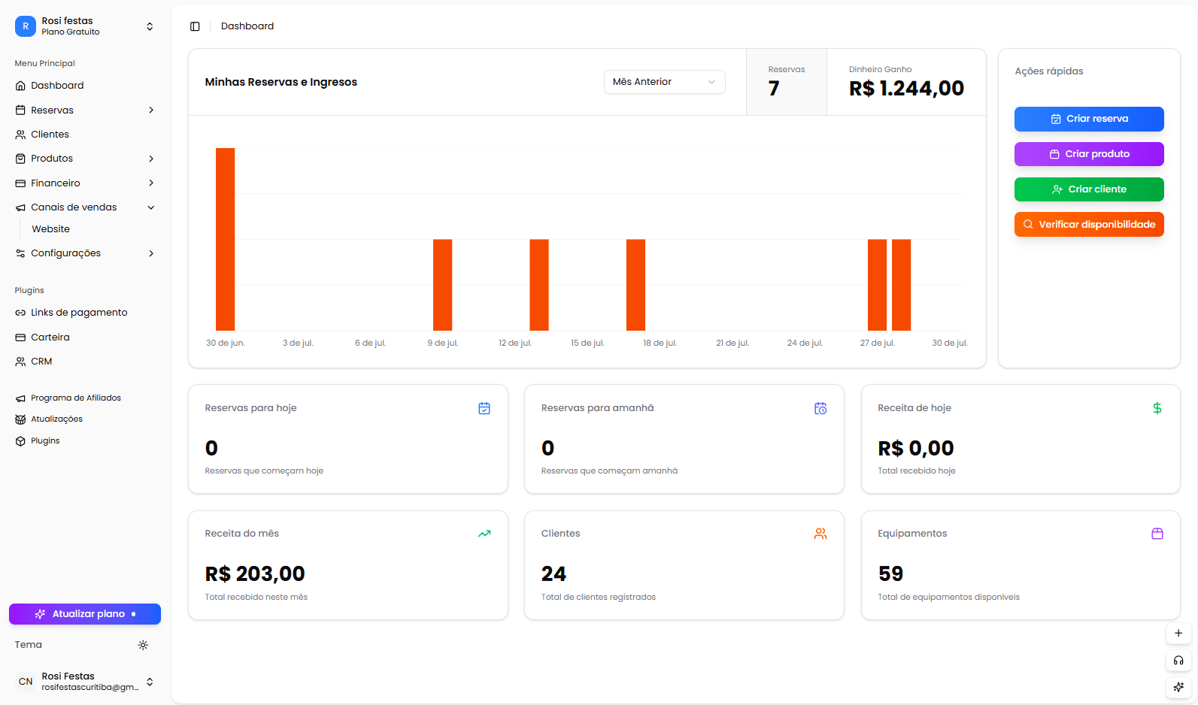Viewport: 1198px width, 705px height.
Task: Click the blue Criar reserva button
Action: (x=1088, y=119)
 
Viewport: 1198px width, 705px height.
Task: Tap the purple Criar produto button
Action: (x=1088, y=154)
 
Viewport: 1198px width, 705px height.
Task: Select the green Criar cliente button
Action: (x=1088, y=189)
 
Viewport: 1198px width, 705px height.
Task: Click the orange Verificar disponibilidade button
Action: (x=1088, y=225)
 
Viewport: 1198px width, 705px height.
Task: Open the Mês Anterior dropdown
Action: (x=664, y=82)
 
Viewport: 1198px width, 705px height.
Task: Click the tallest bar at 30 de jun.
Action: (x=225, y=239)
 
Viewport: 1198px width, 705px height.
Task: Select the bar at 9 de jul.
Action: (x=442, y=285)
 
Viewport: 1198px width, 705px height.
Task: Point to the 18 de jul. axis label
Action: (x=660, y=343)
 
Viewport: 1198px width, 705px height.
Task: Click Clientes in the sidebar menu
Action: (x=50, y=135)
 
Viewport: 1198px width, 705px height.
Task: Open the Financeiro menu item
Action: (x=56, y=183)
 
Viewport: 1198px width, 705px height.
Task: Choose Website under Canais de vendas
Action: (x=50, y=229)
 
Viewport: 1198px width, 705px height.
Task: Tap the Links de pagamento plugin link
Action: (x=79, y=313)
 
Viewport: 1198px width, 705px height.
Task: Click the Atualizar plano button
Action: (x=85, y=614)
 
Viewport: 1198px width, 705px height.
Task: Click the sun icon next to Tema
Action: (x=143, y=645)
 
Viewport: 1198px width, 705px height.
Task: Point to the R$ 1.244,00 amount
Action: (x=906, y=89)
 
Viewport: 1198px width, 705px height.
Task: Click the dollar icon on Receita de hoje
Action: (x=1157, y=408)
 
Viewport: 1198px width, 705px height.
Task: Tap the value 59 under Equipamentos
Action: (x=890, y=574)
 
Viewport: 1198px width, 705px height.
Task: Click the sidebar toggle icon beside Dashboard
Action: (x=195, y=26)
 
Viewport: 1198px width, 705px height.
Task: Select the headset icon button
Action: (x=1178, y=661)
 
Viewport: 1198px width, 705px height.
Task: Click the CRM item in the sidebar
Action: (x=41, y=362)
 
